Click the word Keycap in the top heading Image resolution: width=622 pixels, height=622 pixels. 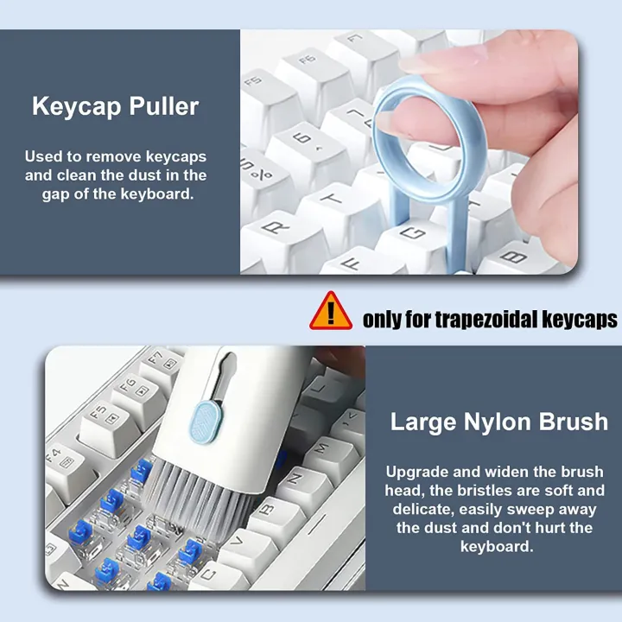coord(75,107)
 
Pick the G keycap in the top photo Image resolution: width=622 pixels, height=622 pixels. coord(414,232)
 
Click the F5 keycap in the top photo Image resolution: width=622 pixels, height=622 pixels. coord(256,82)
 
